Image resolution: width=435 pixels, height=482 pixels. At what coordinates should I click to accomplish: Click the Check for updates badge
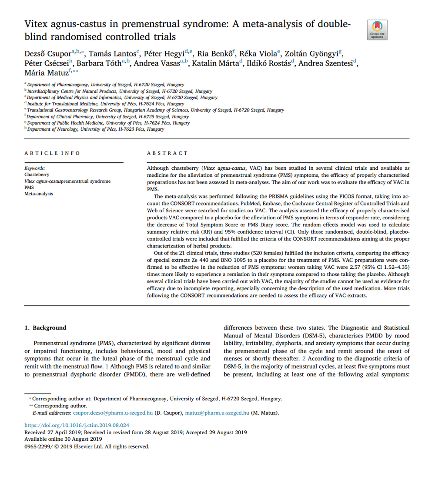tap(377, 30)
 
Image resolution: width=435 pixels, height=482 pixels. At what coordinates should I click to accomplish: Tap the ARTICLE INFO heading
tap(52, 153)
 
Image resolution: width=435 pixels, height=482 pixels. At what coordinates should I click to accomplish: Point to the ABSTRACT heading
tap(167, 153)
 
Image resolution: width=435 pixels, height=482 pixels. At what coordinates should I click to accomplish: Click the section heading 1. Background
tap(46, 328)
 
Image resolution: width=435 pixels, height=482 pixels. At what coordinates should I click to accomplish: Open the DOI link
tap(77, 425)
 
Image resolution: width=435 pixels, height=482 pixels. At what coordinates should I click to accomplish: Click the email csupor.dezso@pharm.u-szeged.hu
tap(113, 413)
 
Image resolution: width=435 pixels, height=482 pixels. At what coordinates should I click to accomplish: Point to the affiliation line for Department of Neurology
tap(95, 129)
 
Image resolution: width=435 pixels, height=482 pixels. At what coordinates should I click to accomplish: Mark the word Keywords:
tap(35, 168)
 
